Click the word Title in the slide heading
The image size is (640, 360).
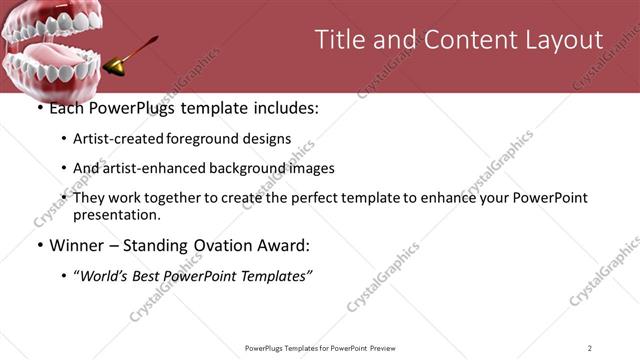340,40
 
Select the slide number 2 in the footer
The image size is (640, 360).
590,347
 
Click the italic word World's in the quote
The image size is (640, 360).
106,275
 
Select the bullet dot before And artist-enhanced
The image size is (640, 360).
64,169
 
